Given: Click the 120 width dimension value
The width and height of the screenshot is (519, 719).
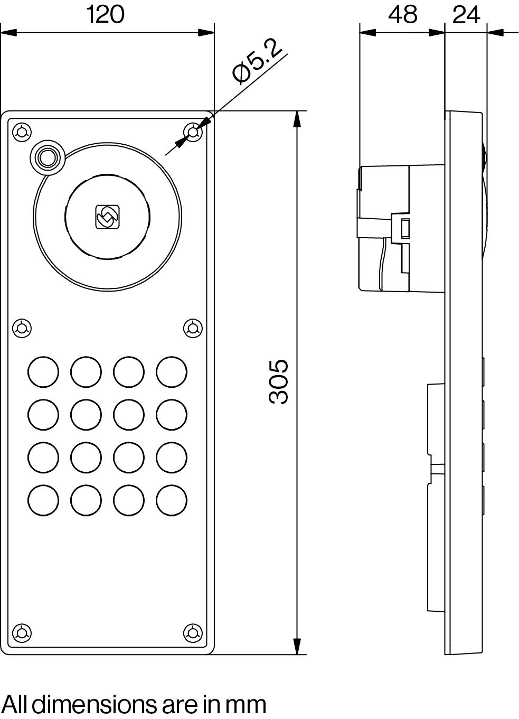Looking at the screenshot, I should [106, 15].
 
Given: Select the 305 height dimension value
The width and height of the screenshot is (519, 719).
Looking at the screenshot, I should [278, 382].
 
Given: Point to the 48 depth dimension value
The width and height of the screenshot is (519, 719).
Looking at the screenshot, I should [402, 15].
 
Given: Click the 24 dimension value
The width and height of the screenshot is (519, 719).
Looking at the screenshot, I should [466, 15].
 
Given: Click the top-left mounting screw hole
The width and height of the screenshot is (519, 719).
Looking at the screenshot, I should [22, 132].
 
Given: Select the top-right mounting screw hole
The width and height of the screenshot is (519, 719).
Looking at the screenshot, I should [193, 132].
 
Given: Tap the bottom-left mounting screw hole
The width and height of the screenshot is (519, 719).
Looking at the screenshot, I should [22, 632].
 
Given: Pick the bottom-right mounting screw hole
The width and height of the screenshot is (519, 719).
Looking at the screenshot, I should [193, 632].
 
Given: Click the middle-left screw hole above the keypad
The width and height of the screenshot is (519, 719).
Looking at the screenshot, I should [22, 328].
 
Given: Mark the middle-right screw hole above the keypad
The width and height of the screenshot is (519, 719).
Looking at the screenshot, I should [193, 328].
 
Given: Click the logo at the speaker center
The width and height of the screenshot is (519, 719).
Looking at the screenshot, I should [108, 217].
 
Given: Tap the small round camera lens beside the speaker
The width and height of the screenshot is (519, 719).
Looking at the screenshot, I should [48, 157].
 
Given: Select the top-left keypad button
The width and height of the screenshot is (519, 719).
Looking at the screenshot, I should [43, 372].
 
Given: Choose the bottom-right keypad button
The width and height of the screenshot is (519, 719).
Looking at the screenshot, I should [171, 500].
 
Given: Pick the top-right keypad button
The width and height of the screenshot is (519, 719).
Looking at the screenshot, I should [171, 372].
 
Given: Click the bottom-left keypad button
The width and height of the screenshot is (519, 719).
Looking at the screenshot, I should [43, 500].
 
